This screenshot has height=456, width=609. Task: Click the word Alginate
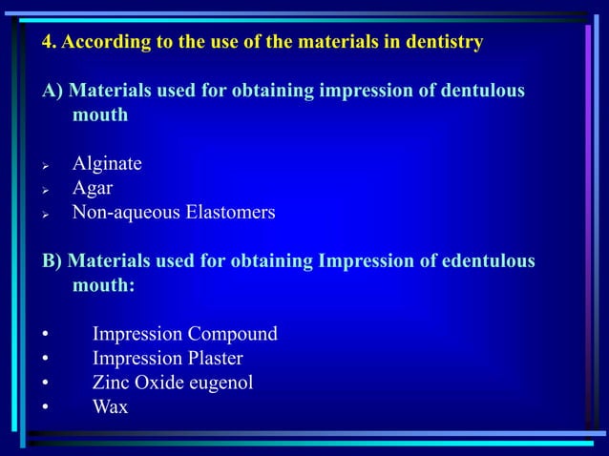[107, 164]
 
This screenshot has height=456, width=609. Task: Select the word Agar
[93, 188]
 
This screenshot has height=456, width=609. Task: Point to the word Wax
[110, 407]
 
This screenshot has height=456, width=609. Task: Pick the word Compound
[234, 335]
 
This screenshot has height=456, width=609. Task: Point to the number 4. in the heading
[50, 42]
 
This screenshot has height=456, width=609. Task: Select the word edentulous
[486, 260]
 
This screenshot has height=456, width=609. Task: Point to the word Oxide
[161, 383]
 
